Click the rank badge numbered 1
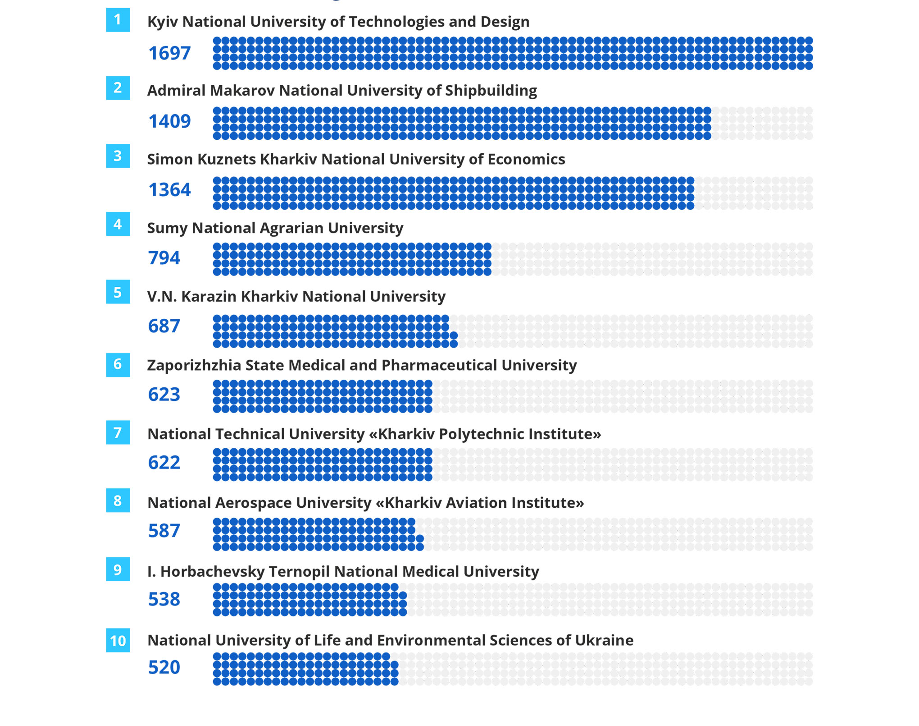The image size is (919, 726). click(118, 20)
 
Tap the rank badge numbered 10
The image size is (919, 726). click(118, 640)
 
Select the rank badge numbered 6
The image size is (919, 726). click(118, 364)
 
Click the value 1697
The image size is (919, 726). click(169, 53)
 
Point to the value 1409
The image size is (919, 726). click(169, 121)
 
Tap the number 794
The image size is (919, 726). click(164, 258)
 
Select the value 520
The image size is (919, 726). click(164, 667)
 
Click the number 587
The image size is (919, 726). click(164, 531)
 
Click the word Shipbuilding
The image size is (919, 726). click(491, 91)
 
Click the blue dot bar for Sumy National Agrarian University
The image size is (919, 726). click(352, 259)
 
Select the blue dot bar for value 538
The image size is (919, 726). click(309, 600)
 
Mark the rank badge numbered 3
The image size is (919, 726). click(118, 156)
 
